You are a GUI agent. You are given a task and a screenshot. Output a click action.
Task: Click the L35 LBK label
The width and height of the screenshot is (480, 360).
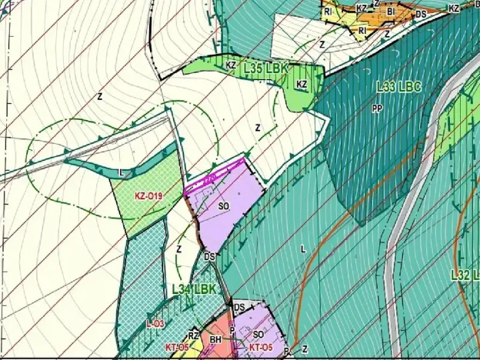265,68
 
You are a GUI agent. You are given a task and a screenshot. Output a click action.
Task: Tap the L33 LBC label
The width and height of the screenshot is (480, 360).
398,88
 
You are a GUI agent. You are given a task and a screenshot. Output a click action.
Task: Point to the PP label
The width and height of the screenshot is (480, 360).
377,108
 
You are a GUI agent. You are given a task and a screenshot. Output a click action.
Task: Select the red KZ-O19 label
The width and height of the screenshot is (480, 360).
148,196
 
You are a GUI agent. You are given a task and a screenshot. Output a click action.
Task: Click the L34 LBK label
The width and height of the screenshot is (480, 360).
193,289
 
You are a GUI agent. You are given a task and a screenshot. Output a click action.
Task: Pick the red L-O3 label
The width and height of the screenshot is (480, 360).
155,325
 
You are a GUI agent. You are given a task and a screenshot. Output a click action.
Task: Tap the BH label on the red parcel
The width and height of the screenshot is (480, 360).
216,338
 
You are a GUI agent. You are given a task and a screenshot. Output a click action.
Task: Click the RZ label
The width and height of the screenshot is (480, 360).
194,335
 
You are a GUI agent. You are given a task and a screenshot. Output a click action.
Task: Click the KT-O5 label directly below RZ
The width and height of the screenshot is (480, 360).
177,348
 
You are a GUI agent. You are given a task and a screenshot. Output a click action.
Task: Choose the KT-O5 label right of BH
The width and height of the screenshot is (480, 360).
261,348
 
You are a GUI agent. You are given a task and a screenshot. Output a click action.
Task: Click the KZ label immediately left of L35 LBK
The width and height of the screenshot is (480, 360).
231,66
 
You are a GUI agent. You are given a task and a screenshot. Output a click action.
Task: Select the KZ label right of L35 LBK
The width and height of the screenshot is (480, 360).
302,85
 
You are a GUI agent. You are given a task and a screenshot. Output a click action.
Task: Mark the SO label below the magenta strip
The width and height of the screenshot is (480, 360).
224,207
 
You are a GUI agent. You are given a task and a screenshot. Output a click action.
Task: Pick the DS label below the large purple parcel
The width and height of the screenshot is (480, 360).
208,257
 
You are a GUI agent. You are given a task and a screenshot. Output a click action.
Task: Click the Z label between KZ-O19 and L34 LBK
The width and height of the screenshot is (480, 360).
178,249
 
